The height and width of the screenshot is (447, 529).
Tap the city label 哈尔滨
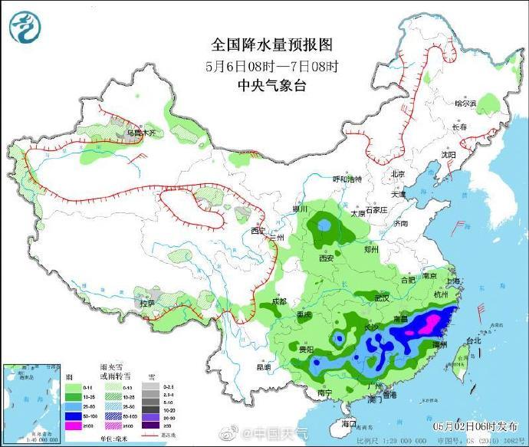[x=465, y=103]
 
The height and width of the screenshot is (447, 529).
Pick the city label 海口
[x=349, y=422]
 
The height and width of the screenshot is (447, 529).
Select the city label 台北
[x=474, y=340]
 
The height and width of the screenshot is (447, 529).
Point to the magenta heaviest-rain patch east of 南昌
[x=430, y=320]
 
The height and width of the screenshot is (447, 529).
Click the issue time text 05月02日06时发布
[x=474, y=426]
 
